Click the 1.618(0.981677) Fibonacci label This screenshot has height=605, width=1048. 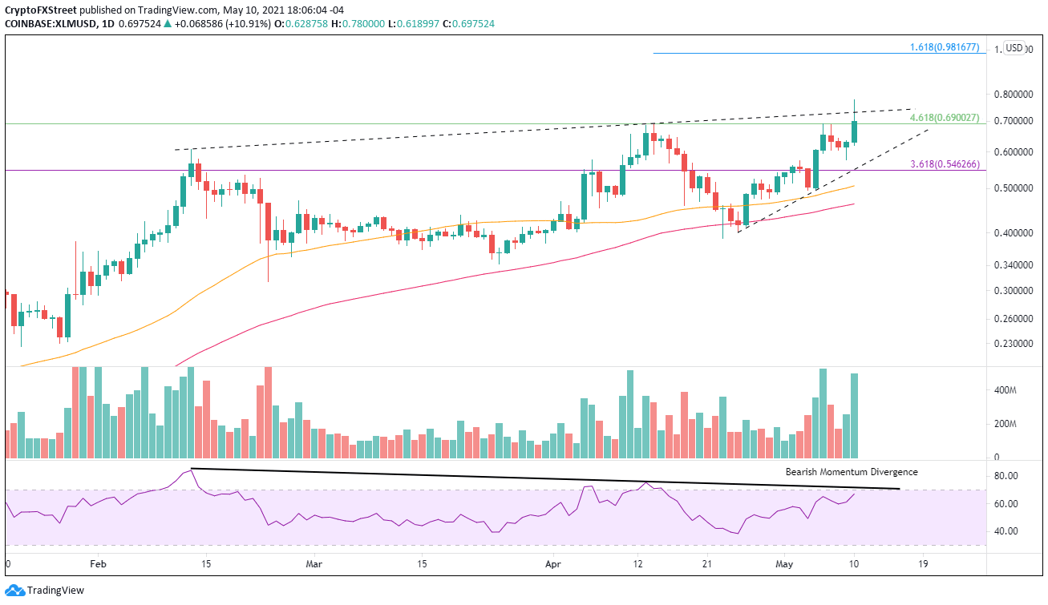tap(944, 47)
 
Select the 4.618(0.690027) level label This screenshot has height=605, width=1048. tap(944, 118)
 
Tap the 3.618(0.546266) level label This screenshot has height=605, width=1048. tap(944, 164)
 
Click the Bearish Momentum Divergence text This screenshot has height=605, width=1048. tap(852, 472)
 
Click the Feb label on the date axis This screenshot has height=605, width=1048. tap(98, 564)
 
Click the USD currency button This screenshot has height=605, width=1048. tap(1014, 48)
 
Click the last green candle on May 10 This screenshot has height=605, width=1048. tap(855, 132)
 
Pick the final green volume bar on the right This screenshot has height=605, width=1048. tap(855, 415)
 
